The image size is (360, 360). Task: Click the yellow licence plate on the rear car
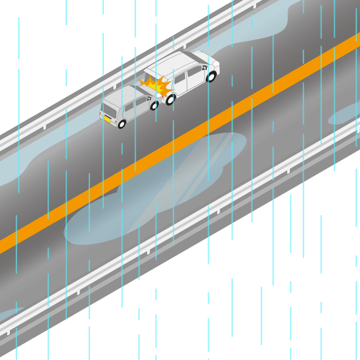(x=108, y=119)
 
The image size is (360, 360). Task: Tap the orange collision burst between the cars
(x=156, y=85)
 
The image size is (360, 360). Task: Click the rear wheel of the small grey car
(x=121, y=123)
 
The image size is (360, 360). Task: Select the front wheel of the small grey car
(x=154, y=106)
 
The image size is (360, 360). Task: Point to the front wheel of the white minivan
(x=211, y=76)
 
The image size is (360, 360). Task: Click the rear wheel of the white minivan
(x=170, y=99)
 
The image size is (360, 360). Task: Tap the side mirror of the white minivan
(x=205, y=67)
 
